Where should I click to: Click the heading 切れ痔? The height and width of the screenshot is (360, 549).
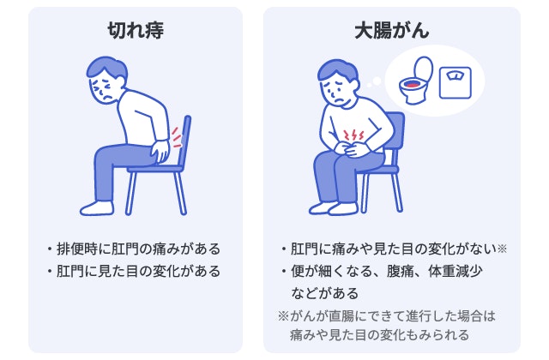pos(135,31)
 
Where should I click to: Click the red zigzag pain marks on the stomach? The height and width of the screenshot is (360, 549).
pos(353,135)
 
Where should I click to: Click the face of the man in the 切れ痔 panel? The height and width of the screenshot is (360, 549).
pos(104,90)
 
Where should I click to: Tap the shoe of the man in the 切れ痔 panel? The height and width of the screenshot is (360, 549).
pos(96,207)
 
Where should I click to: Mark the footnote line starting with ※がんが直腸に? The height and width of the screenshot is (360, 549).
pos(387,315)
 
